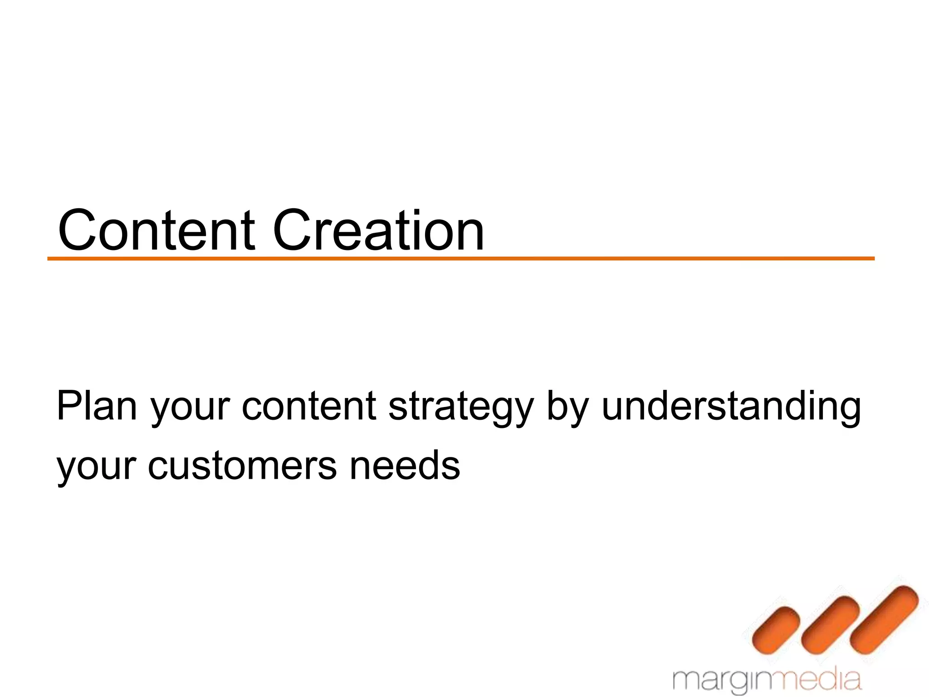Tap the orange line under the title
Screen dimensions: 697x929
(x=461, y=259)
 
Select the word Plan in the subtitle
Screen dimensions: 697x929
(x=96, y=406)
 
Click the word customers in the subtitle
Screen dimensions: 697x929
(x=242, y=466)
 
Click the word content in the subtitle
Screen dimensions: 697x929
(x=309, y=406)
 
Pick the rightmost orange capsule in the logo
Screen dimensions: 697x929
(x=885, y=620)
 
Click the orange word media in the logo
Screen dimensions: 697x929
(x=821, y=679)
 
